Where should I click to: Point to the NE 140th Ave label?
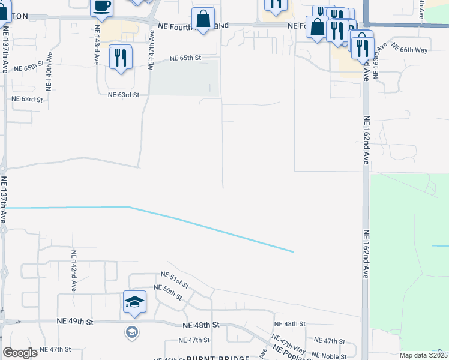pyautogui.click(x=49, y=71)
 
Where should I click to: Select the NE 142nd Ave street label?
pyautogui.click(x=73, y=271)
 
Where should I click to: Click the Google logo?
pyautogui.click(x=20, y=353)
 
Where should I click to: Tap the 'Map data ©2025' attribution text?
pyautogui.click(x=423, y=355)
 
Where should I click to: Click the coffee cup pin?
pyautogui.click(x=101, y=6)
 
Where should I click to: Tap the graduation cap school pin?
pyautogui.click(x=134, y=301)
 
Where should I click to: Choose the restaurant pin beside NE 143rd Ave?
pyautogui.click(x=120, y=58)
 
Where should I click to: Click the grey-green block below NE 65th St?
pyautogui.click(x=184, y=78)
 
